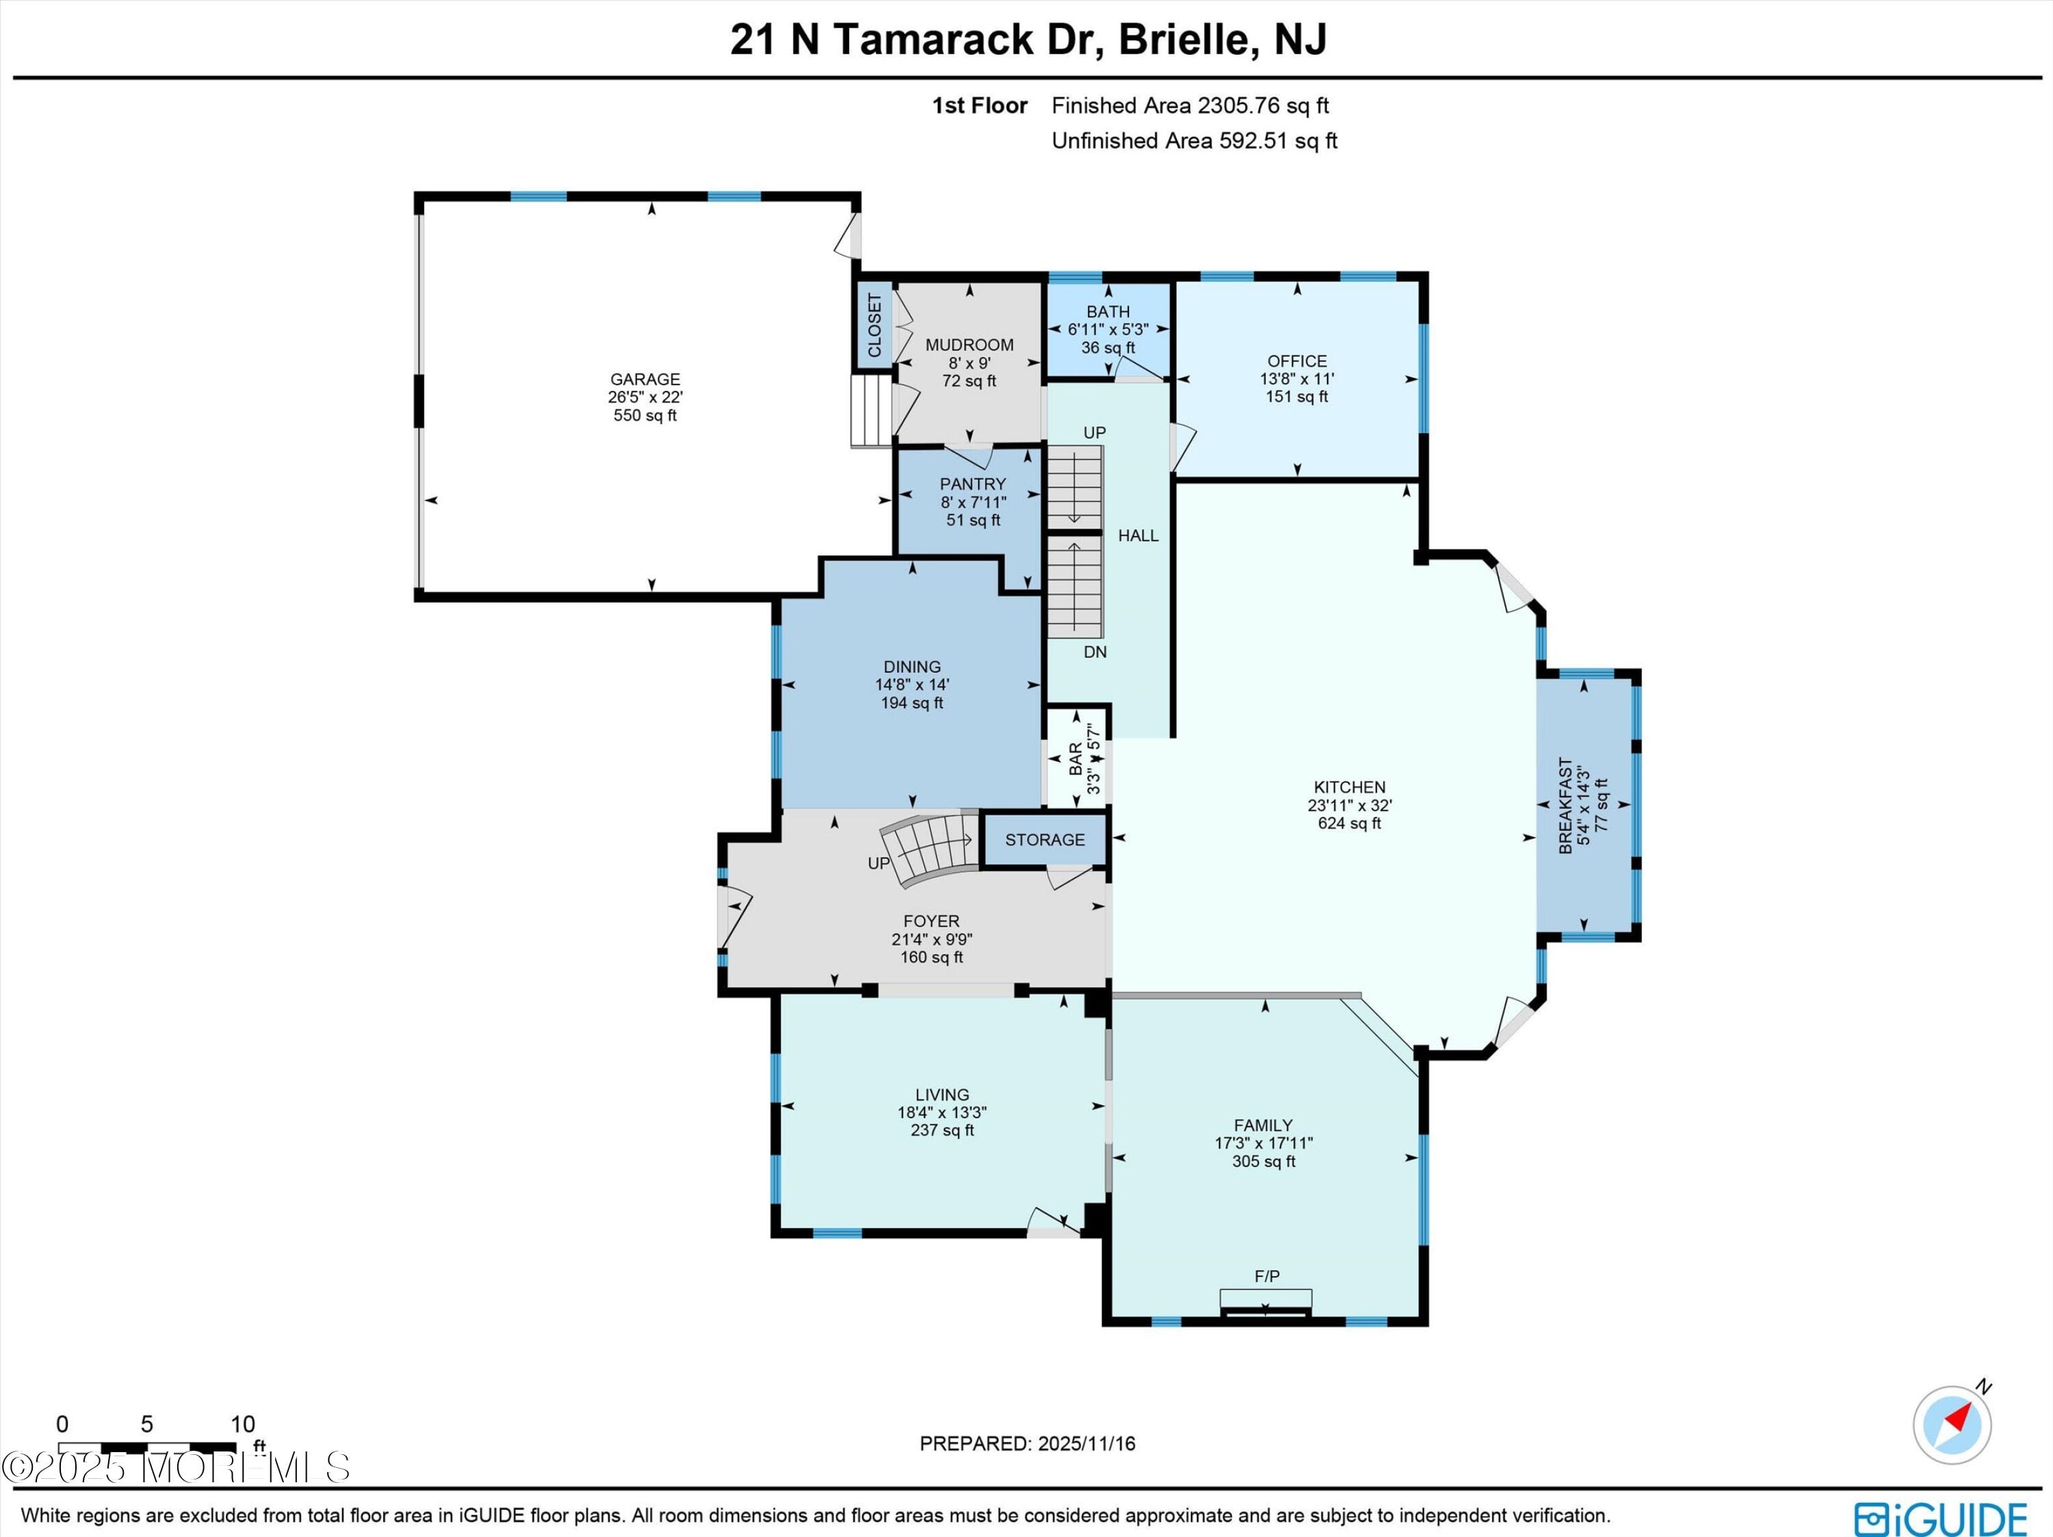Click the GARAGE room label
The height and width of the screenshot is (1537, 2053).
645,378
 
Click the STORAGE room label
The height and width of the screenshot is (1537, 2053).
1044,840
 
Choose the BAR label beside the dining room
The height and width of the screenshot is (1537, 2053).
1076,758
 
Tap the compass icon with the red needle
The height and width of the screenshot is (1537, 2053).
1952,1425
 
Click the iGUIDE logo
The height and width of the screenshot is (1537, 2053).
1940,1519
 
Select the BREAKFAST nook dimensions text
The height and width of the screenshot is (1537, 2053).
1584,805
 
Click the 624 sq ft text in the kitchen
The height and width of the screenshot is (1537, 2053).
1350,823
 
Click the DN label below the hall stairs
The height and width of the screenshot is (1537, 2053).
1095,652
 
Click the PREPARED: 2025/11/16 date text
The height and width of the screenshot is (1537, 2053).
1027,1443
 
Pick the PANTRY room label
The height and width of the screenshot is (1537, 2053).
972,485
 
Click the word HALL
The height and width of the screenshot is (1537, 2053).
1138,536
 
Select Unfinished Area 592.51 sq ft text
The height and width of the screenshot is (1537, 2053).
1193,141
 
